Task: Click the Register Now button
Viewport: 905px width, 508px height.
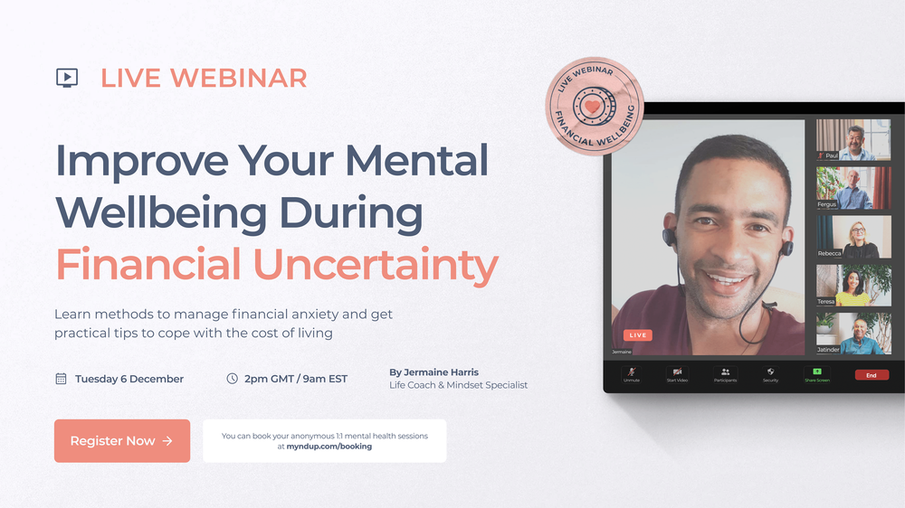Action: [x=122, y=441]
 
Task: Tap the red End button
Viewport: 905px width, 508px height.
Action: [x=872, y=375]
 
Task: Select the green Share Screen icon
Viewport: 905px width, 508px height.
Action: [x=816, y=372]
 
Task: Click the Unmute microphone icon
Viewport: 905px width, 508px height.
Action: [x=631, y=372]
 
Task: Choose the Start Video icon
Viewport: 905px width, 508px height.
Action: [x=678, y=372]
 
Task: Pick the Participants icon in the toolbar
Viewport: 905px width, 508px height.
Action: [x=725, y=372]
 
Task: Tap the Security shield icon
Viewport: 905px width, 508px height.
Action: [x=770, y=372]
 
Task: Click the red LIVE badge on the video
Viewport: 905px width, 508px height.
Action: [x=638, y=335]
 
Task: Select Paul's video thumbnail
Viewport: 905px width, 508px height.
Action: [x=853, y=140]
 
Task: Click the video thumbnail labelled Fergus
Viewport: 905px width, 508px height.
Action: [x=853, y=188]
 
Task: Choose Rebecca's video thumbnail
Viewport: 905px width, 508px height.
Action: [x=853, y=237]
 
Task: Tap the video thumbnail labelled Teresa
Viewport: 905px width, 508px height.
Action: [x=853, y=285]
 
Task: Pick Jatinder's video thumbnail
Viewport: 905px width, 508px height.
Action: [x=853, y=334]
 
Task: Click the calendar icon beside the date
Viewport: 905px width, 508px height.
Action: [x=61, y=379]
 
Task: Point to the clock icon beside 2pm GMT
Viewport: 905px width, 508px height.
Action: [x=232, y=379]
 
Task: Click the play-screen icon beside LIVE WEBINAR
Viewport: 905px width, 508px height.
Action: [x=67, y=78]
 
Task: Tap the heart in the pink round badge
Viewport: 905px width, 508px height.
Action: [x=592, y=107]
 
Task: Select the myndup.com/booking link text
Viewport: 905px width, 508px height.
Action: [x=329, y=447]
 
